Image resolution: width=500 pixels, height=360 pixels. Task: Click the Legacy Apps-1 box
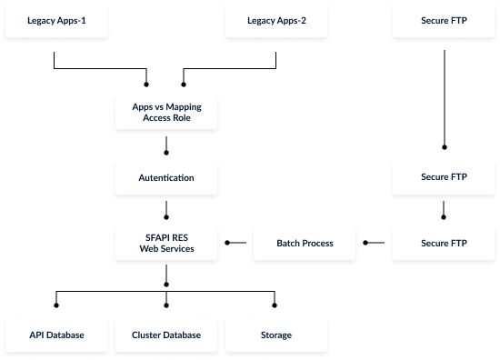pyautogui.click(x=55, y=19)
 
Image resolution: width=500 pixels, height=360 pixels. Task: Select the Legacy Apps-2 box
pyautogui.click(x=276, y=19)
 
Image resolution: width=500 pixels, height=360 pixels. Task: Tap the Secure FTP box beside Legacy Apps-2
pyautogui.click(x=444, y=19)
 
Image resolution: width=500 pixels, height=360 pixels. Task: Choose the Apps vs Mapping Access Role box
pyautogui.click(x=166, y=112)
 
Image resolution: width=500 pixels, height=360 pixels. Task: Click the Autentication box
pyautogui.click(x=166, y=177)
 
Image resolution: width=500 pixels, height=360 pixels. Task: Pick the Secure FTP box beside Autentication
pyautogui.click(x=444, y=177)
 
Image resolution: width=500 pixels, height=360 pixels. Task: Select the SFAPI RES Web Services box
pyautogui.click(x=166, y=243)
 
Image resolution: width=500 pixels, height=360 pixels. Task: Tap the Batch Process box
pyautogui.click(x=305, y=243)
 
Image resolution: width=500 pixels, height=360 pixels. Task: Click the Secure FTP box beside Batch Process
pyautogui.click(x=444, y=243)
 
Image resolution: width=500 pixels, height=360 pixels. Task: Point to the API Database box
pyautogui.click(x=55, y=335)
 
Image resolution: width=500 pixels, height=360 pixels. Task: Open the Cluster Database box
pyautogui.click(x=166, y=335)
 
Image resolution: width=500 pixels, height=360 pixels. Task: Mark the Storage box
pyautogui.click(x=276, y=335)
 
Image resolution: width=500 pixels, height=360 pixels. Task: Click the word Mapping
pyautogui.click(x=185, y=106)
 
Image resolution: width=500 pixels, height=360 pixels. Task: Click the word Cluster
pyautogui.click(x=146, y=335)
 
